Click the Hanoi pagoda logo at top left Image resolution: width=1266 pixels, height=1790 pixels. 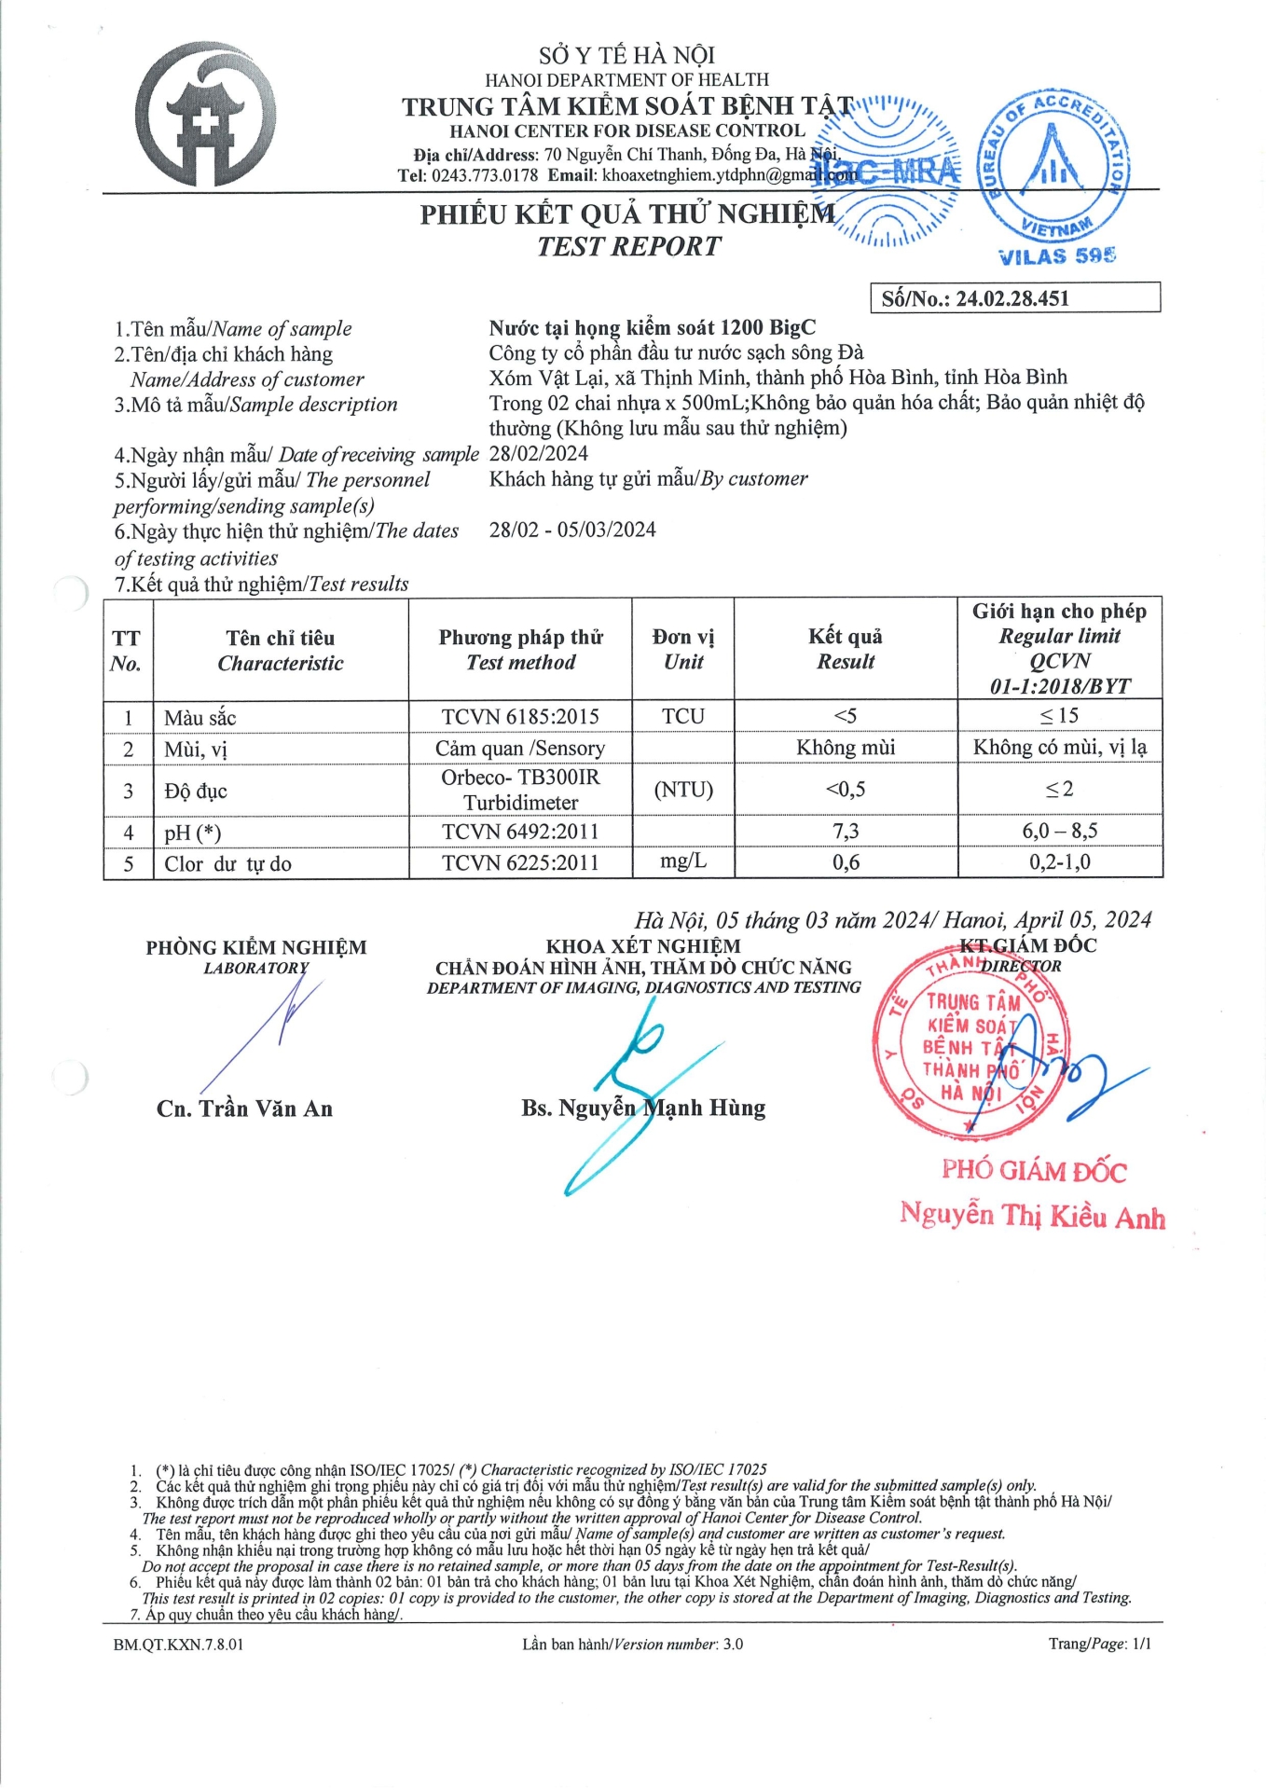point(205,115)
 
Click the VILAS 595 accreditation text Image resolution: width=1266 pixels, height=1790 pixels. point(1056,256)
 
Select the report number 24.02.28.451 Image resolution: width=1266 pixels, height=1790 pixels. point(1012,298)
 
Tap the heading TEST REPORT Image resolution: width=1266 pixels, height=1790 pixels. point(628,246)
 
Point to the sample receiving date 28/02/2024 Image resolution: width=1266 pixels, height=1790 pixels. point(539,454)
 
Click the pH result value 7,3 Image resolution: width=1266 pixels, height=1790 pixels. point(846,831)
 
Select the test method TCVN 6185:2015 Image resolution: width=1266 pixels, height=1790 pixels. point(520,716)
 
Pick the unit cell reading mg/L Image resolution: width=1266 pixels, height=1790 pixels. point(683,861)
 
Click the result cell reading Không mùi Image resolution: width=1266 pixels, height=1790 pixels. point(846,748)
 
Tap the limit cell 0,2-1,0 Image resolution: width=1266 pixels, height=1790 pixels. point(1060,862)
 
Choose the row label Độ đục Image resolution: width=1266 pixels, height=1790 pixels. point(196,792)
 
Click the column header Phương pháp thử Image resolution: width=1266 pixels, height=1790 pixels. point(520,638)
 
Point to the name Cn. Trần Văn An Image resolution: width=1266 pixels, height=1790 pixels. point(244,1108)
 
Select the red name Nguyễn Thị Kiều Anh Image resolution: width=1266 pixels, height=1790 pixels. point(1032,1216)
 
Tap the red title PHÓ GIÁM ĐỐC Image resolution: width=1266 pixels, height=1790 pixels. point(1034,1171)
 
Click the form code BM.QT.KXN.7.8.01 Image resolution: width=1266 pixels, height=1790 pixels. point(178,1644)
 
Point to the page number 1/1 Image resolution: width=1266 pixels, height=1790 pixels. point(1141,1644)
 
